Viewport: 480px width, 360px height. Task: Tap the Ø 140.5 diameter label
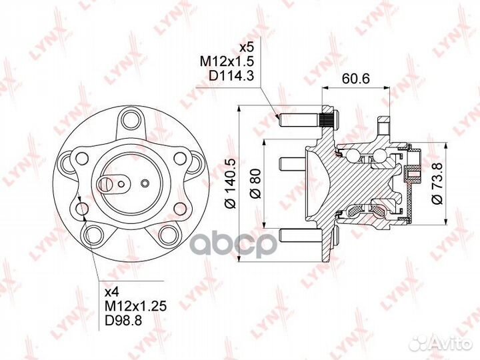point(231,184)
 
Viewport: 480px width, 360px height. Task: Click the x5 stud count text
point(247,47)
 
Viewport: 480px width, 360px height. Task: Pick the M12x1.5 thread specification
point(227,62)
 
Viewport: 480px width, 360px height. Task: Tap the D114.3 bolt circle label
point(231,76)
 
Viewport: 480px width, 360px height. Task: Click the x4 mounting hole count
point(112,293)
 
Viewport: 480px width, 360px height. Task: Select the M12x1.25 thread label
point(135,307)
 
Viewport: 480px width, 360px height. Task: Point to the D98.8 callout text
point(123,321)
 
